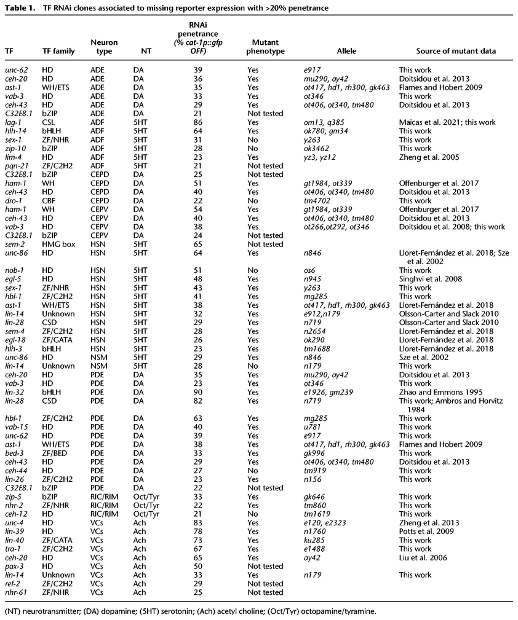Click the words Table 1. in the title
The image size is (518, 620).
20,7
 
